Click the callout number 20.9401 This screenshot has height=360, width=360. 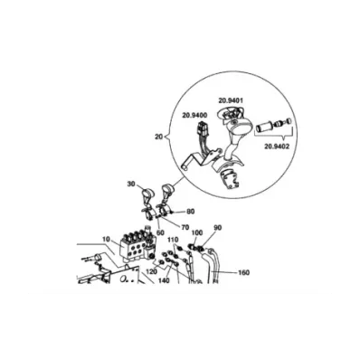click(231, 100)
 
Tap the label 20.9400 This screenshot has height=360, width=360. click(194, 115)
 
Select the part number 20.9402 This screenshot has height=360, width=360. click(277, 147)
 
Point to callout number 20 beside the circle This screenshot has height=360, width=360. click(158, 137)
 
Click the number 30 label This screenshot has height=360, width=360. click(131, 184)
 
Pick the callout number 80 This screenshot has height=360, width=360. click(190, 212)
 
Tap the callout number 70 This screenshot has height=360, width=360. click(185, 227)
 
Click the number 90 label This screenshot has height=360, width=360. click(218, 227)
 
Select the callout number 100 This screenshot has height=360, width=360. click(197, 232)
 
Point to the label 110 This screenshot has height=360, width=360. click(174, 240)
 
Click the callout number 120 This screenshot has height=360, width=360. click(151, 271)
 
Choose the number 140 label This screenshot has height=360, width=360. click(164, 280)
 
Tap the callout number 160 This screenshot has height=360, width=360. click(243, 272)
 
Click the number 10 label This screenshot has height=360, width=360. click(106, 240)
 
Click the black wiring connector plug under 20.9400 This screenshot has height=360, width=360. click(203, 129)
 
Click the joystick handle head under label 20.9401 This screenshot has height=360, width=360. click(240, 127)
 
